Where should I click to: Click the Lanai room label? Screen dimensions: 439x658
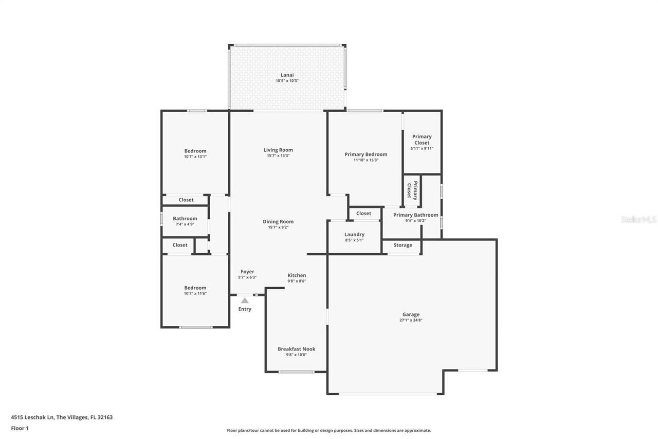(287, 75)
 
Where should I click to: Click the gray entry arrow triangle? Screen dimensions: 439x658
(245, 300)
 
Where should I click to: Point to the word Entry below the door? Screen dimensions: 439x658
(245, 309)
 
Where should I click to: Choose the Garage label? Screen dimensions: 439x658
(411, 314)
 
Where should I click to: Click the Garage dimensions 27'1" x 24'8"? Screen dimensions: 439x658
(411, 320)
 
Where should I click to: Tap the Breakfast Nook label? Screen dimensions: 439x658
(296, 349)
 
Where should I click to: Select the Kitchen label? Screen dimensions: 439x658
(297, 275)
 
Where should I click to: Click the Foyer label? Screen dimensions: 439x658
(247, 272)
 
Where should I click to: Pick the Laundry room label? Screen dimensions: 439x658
(354, 234)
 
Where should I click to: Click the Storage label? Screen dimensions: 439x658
(403, 245)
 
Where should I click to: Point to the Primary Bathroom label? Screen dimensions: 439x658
(415, 215)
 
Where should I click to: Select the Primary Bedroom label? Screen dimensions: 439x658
(365, 154)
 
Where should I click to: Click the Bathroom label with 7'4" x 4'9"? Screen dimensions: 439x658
(185, 218)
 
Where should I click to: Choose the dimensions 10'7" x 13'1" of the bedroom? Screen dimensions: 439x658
(195, 156)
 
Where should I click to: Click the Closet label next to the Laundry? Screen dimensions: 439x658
(363, 213)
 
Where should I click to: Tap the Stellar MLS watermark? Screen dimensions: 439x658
(638, 219)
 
